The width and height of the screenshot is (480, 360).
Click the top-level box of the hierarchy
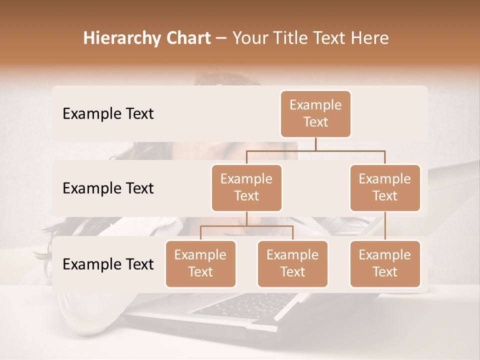point(315,113)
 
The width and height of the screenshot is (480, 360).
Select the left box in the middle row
point(246,187)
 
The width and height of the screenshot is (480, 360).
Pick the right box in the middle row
point(385,187)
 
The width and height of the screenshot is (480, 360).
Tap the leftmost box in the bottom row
point(200,263)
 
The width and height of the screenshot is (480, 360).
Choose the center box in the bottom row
point(292,263)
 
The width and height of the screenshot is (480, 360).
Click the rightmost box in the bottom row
point(385,263)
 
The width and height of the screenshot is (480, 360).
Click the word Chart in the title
point(185,38)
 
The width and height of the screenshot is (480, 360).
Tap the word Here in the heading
point(371,38)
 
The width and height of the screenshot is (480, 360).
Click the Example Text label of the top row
point(108,114)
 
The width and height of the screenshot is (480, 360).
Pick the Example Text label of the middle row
point(108,188)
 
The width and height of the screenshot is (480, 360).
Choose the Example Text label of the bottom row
point(108,264)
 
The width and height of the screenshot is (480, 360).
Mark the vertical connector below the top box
point(315,143)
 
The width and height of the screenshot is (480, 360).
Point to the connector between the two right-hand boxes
point(385,225)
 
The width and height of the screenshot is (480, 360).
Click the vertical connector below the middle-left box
point(246,218)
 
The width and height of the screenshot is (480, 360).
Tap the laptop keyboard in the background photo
point(245,304)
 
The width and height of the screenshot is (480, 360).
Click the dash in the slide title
point(221,38)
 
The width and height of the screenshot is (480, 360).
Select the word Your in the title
point(249,38)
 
